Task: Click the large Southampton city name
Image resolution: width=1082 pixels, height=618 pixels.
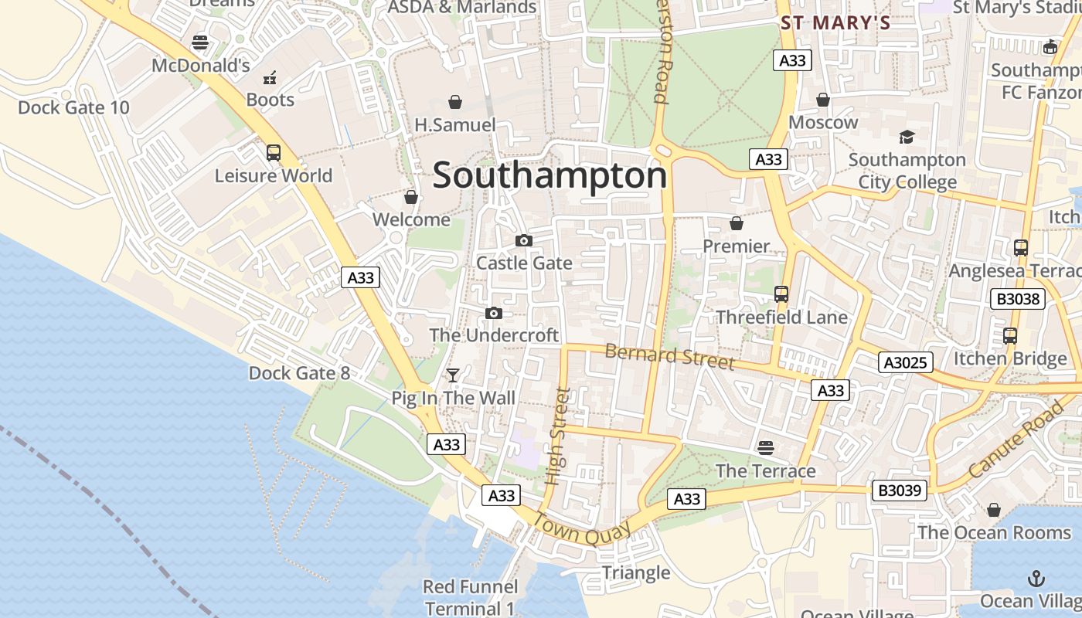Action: pyautogui.click(x=550, y=175)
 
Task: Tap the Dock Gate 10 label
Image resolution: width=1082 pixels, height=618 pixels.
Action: pyautogui.click(x=73, y=107)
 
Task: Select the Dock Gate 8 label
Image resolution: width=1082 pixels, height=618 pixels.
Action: pyautogui.click(x=299, y=373)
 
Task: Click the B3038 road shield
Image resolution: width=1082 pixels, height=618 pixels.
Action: pyautogui.click(x=1018, y=299)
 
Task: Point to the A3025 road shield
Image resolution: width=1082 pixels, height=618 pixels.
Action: pyautogui.click(x=906, y=362)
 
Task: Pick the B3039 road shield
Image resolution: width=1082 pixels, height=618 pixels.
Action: pyautogui.click(x=900, y=490)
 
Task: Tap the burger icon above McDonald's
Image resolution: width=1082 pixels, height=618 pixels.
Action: pyautogui.click(x=200, y=42)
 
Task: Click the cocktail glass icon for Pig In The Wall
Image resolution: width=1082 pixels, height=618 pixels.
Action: pyautogui.click(x=453, y=375)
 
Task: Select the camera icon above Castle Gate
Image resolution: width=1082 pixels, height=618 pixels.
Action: pyautogui.click(x=524, y=240)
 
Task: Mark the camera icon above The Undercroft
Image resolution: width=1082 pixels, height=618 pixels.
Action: pyautogui.click(x=494, y=313)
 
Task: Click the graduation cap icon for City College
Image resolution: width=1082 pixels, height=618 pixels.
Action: pyautogui.click(x=907, y=138)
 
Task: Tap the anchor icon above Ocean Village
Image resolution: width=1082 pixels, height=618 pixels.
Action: pyautogui.click(x=1035, y=579)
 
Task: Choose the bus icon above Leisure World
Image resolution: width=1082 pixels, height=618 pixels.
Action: pyautogui.click(x=274, y=153)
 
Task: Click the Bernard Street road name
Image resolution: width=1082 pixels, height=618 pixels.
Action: pyautogui.click(x=669, y=356)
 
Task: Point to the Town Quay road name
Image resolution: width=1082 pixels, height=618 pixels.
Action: pyautogui.click(x=582, y=530)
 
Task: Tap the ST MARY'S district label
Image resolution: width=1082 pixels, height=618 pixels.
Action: pyautogui.click(x=835, y=23)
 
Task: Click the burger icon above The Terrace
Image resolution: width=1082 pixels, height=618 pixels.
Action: pyautogui.click(x=766, y=448)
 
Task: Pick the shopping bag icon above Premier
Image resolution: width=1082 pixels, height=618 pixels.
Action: pyautogui.click(x=737, y=223)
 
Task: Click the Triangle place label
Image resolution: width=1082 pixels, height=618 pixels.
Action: pyautogui.click(x=635, y=572)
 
